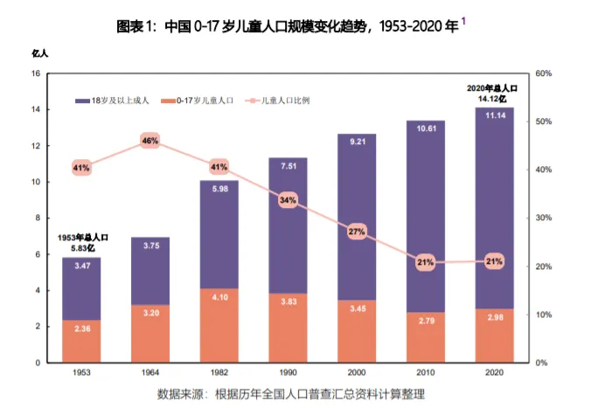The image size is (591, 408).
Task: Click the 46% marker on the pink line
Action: pyautogui.click(x=149, y=141)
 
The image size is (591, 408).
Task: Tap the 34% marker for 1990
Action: pyautogui.click(x=288, y=200)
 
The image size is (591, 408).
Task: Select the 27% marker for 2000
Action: pyautogui.click(x=357, y=232)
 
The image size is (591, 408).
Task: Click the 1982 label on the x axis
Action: pyautogui.click(x=219, y=372)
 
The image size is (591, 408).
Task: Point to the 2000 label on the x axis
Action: pyautogui.click(x=357, y=372)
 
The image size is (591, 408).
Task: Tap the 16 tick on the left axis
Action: pyautogui.click(x=36, y=73)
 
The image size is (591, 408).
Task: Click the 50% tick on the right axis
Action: pyautogui.click(x=542, y=121)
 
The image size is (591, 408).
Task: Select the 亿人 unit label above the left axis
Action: pyautogui.click(x=39, y=54)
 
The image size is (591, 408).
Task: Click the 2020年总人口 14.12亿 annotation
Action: pyautogui.click(x=493, y=93)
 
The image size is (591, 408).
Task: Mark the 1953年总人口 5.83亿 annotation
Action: pyautogui.click(x=82, y=242)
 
